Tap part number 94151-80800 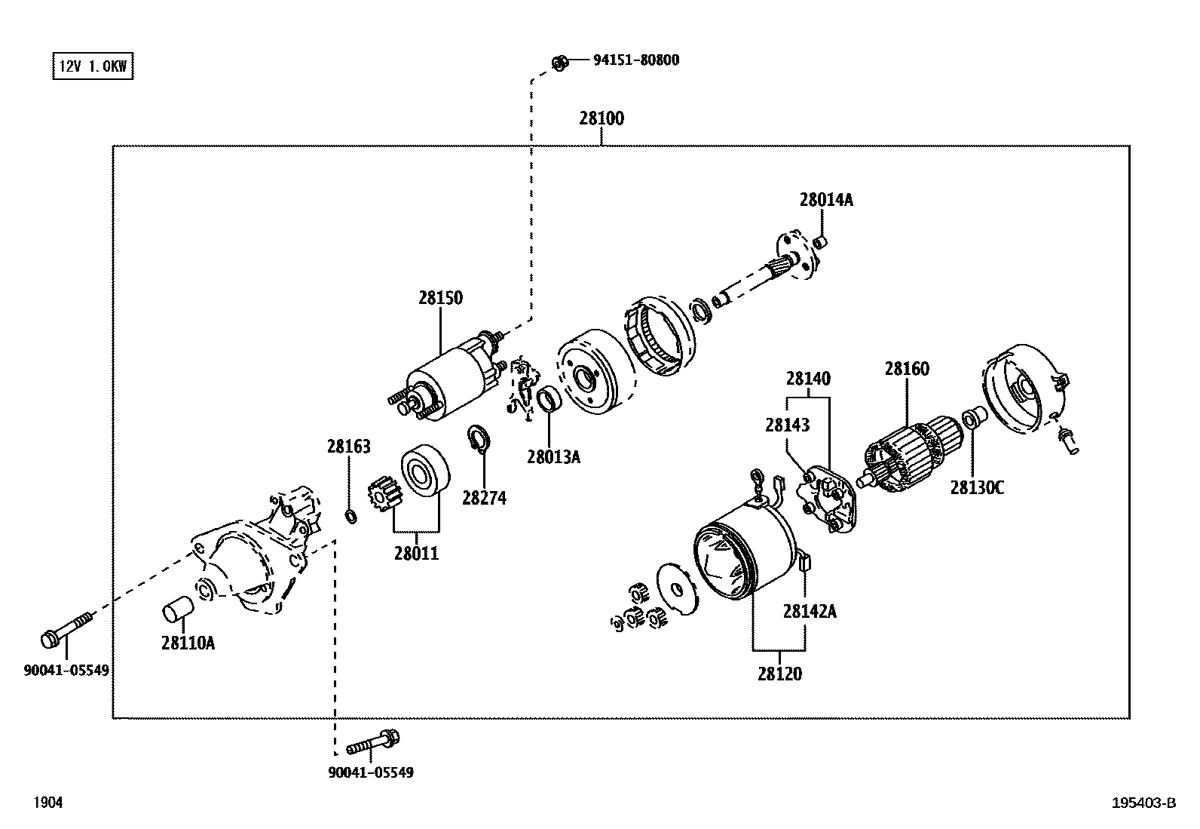635,60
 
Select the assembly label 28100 602,118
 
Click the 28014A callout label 826,200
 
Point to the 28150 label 440,298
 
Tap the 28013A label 553,456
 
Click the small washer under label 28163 351,516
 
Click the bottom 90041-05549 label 371,772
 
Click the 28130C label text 976,488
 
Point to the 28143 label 787,425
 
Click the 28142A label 809,612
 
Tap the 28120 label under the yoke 779,674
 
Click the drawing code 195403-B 1143,803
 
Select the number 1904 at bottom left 47,803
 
